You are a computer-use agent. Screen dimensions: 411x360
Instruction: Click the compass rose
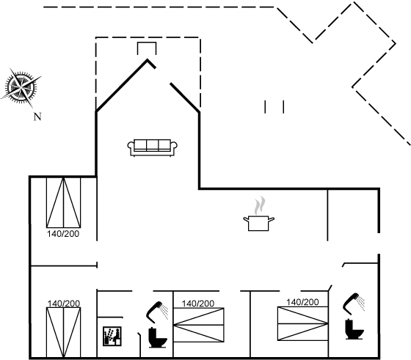[21, 87]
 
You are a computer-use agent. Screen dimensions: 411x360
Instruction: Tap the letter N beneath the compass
[37, 117]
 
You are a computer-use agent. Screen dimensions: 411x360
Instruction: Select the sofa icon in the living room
[153, 148]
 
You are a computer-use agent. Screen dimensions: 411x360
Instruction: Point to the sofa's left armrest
[131, 146]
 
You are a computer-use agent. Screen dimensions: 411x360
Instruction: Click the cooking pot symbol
[258, 223]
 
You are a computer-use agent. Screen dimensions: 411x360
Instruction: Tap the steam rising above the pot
[260, 205]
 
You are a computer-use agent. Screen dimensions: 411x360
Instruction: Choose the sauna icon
[112, 337]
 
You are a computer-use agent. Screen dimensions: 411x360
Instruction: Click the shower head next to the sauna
[157, 312]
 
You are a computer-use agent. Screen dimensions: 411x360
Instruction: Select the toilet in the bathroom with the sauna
[157, 338]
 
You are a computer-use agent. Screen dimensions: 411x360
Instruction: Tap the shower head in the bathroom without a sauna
[354, 304]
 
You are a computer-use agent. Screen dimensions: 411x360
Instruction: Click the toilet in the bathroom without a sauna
[354, 329]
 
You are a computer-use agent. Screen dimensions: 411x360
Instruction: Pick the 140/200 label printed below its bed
[63, 234]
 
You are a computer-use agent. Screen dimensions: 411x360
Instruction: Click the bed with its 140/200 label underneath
[63, 202]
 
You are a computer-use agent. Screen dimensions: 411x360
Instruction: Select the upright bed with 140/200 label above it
[63, 333]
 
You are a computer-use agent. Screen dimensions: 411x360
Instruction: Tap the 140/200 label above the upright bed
[64, 304]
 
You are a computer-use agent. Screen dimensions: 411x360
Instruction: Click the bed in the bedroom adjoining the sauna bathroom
[199, 325]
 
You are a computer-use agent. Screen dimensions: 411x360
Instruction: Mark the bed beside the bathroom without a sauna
[302, 323]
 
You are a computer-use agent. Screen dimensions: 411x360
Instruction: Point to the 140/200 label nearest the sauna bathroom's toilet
[198, 304]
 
